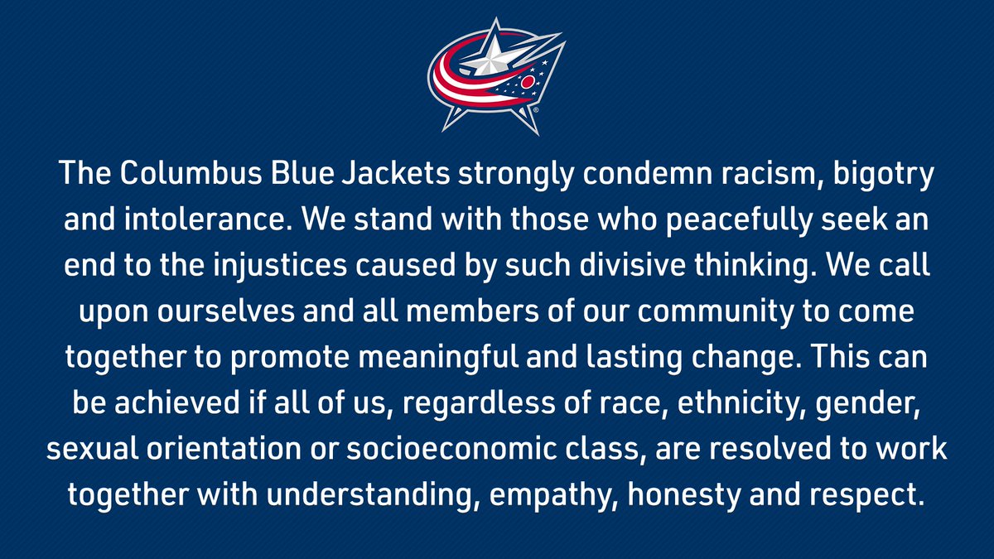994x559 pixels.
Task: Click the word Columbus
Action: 191,172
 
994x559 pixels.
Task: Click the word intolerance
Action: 208,219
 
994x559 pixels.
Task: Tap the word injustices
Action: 280,267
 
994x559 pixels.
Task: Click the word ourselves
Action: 226,311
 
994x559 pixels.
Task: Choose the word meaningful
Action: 438,359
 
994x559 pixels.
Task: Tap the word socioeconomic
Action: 451,450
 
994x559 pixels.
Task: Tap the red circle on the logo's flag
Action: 528,82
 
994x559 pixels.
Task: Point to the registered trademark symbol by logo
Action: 536,109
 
